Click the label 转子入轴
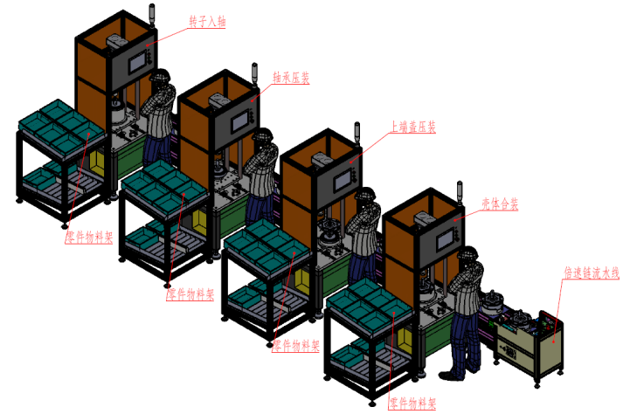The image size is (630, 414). pos(207,21)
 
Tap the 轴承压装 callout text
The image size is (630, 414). pos(292,78)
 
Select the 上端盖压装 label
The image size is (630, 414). pos(412,128)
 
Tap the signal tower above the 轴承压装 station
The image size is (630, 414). pos(255,72)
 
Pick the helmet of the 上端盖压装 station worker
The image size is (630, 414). pos(367,196)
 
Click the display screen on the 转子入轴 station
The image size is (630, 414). pos(139,63)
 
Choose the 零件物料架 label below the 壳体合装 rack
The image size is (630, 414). pos(412,403)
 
